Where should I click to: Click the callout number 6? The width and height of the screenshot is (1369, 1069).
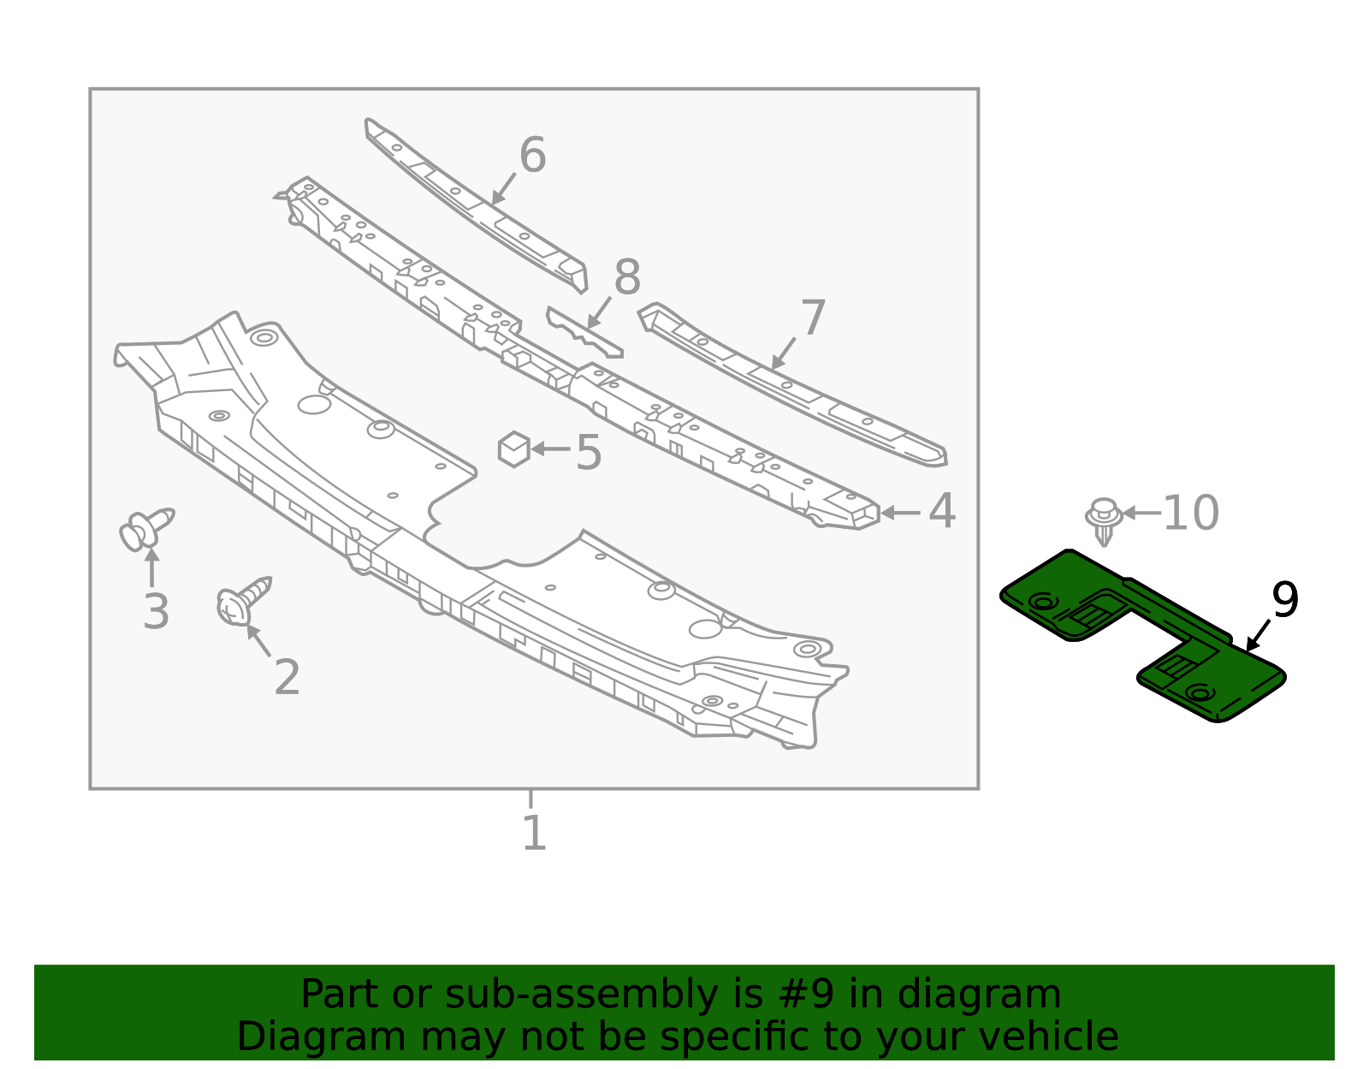tap(532, 156)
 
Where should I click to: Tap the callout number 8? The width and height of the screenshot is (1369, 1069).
tap(627, 278)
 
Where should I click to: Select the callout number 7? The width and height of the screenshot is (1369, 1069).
tap(812, 318)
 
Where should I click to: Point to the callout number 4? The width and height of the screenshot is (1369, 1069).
tap(942, 512)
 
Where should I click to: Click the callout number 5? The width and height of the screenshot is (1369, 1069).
tap(589, 452)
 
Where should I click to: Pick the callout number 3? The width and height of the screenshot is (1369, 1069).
tap(156, 612)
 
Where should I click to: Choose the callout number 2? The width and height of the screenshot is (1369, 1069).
tap(287, 677)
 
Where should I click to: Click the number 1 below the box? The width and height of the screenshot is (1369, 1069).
tap(534, 833)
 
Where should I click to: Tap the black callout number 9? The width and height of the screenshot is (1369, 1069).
tap(1285, 600)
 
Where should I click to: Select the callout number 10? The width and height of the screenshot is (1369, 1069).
tap(1190, 514)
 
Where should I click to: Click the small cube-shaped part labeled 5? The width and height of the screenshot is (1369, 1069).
tap(514, 449)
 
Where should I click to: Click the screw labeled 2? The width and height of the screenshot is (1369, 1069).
tap(242, 600)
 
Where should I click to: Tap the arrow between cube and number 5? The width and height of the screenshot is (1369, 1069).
tap(551, 448)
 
